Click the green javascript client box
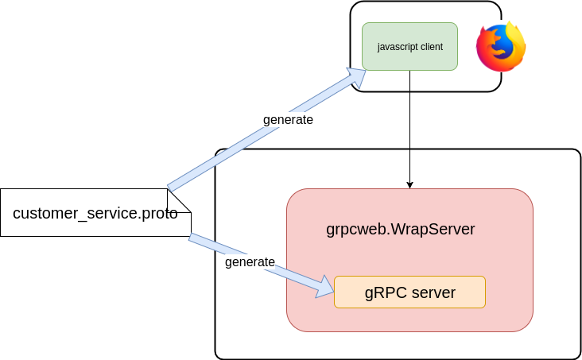coord(409,46)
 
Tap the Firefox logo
coord(501,47)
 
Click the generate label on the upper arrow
coord(288,120)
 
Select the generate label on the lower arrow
coord(250,261)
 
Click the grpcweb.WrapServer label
coord(400,230)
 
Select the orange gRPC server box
coord(409,292)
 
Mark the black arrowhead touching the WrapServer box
coord(409,184)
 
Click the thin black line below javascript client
coord(409,127)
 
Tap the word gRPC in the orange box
coord(382,292)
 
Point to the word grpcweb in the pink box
coord(353,230)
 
